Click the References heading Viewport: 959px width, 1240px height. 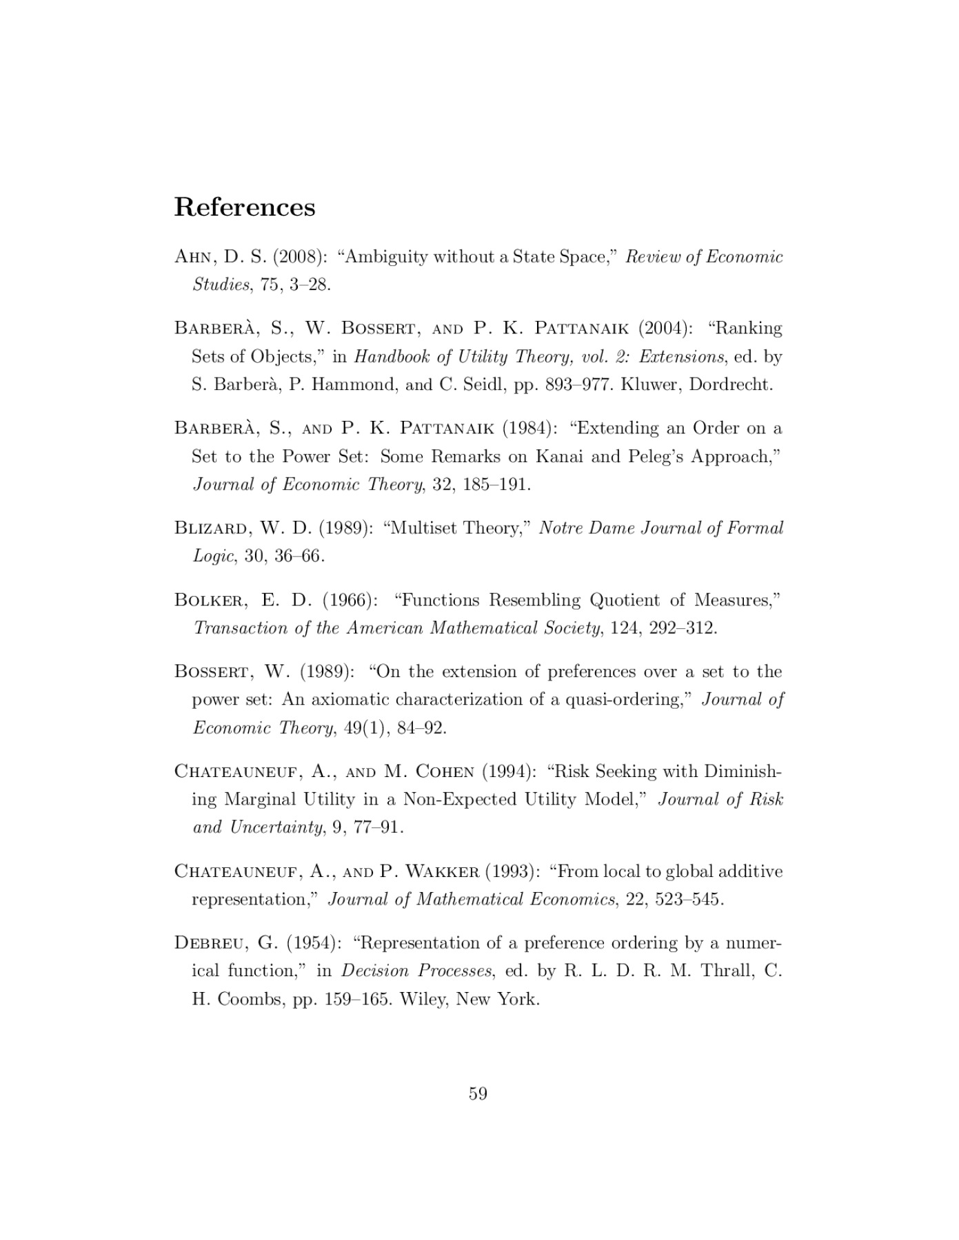244,207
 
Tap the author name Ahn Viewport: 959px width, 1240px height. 196,257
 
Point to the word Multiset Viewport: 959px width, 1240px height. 421,528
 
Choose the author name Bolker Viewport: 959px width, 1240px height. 210,600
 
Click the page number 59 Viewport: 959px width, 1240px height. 478,1093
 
